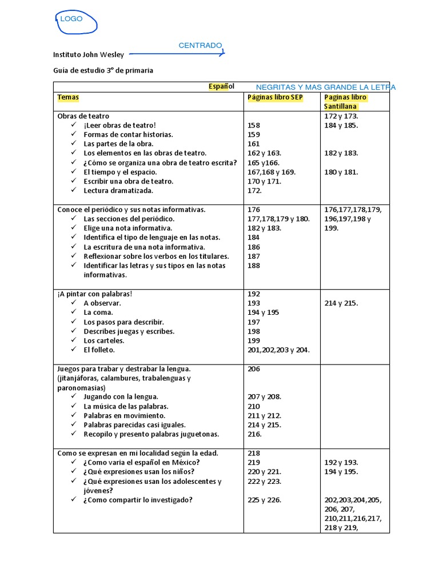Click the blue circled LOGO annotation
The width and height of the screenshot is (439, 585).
coord(75,21)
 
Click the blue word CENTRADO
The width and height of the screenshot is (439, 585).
coord(200,45)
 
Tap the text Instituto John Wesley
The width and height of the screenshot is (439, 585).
coord(89,55)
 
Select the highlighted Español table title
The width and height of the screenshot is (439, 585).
coord(221,86)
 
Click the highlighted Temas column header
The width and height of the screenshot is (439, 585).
coord(68,97)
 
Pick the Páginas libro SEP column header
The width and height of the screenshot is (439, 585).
coord(275,97)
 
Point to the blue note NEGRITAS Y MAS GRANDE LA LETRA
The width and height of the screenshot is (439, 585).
coord(326,87)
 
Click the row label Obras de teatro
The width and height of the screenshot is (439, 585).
coord(83,116)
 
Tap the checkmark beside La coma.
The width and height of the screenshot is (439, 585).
coord(74,312)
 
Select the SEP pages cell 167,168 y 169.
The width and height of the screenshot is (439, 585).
coord(272,172)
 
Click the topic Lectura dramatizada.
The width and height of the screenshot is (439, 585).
coord(118,191)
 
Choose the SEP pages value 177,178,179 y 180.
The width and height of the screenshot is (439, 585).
coord(278,219)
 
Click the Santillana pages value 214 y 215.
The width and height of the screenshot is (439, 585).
coord(341,303)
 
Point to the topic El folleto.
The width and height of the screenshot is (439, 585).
coord(99,350)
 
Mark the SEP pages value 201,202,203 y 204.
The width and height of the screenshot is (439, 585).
coord(278,350)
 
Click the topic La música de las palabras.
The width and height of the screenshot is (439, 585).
coord(126,406)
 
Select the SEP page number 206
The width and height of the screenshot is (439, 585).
coord(254,369)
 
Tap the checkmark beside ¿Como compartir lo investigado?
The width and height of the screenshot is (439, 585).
coord(74,500)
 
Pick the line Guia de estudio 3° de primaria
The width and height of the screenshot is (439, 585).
coord(103,70)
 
